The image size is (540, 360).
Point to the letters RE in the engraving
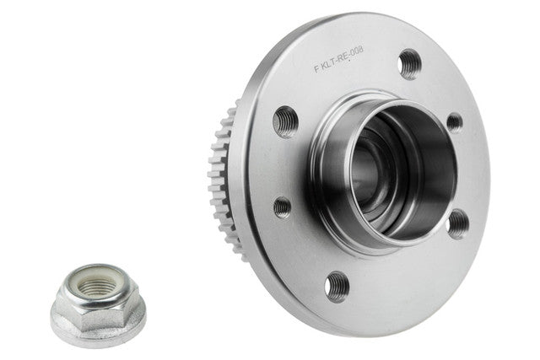[343, 56]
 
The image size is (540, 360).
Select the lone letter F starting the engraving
[316, 68]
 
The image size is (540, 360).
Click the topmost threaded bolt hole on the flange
[409, 64]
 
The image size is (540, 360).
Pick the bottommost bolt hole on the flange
[337, 287]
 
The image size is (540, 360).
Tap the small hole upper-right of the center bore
[455, 123]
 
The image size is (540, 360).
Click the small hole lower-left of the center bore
[283, 207]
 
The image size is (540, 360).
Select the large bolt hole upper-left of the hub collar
[285, 121]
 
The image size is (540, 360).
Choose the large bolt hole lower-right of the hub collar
[458, 224]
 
